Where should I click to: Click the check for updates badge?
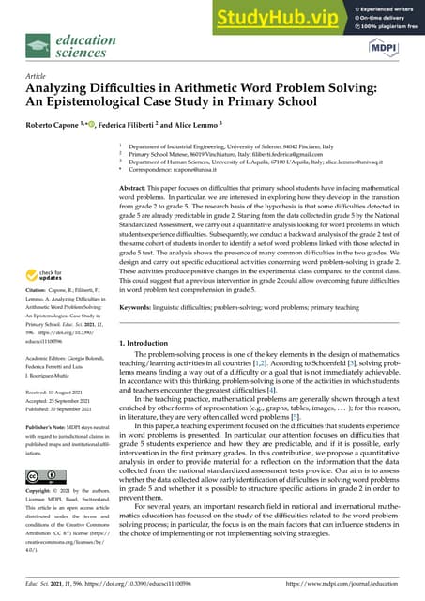pyautogui.click(x=47, y=276)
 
